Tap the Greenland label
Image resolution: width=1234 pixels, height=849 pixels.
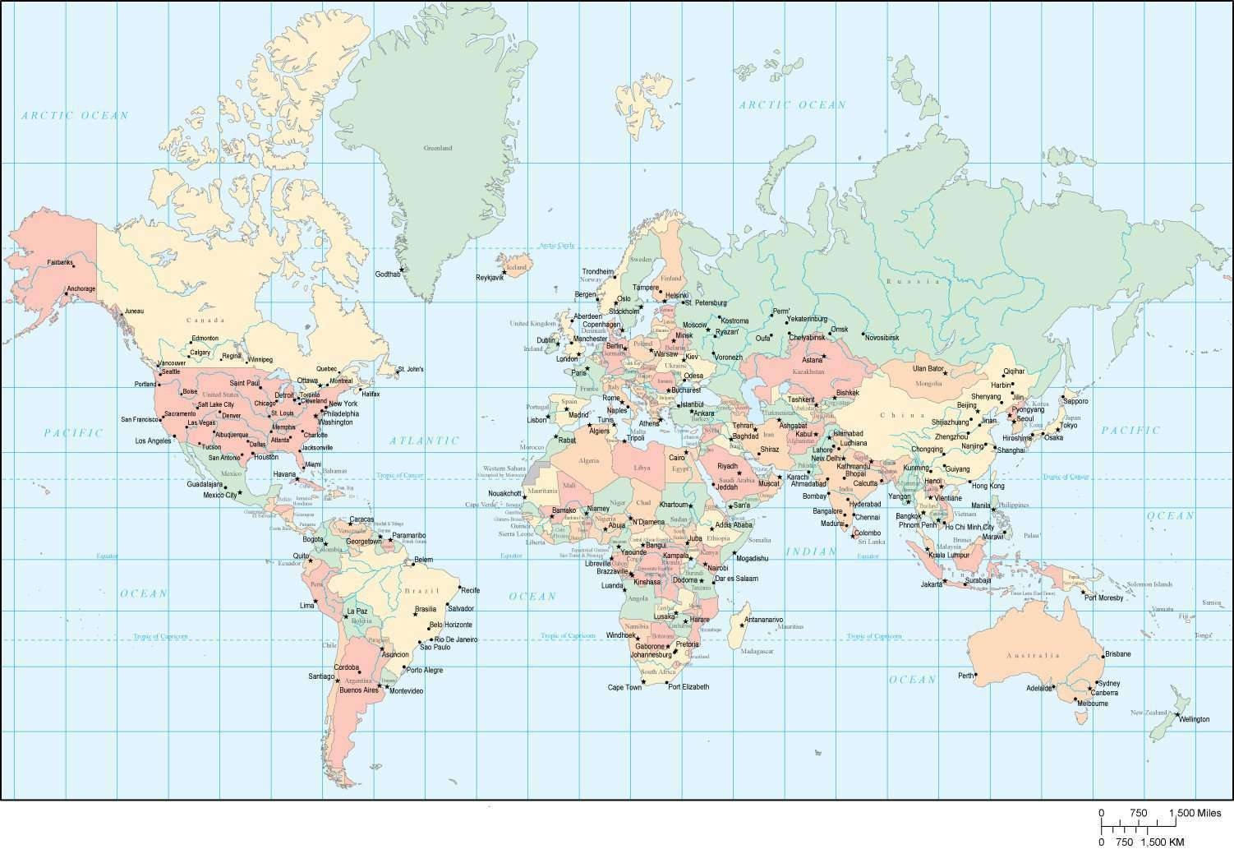pyautogui.click(x=438, y=149)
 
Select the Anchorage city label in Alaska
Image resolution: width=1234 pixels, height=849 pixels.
pyautogui.click(x=81, y=288)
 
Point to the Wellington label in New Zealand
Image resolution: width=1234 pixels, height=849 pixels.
pyautogui.click(x=1194, y=719)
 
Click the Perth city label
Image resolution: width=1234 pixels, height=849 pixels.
pyautogui.click(x=965, y=676)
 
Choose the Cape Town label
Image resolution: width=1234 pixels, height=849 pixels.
pyautogui.click(x=624, y=687)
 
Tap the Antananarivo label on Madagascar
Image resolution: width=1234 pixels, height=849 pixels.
pyautogui.click(x=763, y=619)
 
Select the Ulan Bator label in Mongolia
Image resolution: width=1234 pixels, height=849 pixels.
pyautogui.click(x=928, y=368)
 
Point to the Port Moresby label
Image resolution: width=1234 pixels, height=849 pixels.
pyautogui.click(x=1103, y=598)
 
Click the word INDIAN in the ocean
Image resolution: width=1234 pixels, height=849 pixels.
pyautogui.click(x=810, y=551)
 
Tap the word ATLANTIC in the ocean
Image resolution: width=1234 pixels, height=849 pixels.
pyautogui.click(x=424, y=441)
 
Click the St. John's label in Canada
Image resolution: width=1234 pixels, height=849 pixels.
pyautogui.click(x=410, y=369)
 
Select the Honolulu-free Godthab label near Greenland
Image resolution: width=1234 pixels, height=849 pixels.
pyautogui.click(x=388, y=274)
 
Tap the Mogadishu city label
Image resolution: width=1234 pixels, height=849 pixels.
pyautogui.click(x=752, y=558)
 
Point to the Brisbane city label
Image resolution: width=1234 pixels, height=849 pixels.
pyautogui.click(x=1117, y=653)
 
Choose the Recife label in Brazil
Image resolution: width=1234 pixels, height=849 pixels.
pyautogui.click(x=470, y=590)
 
